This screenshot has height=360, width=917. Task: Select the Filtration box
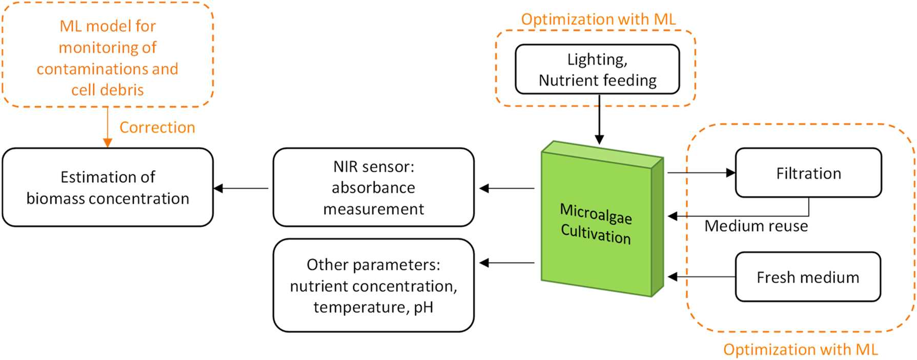point(808,173)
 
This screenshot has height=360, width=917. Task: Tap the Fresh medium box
point(808,277)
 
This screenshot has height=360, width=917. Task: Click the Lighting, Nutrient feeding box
point(597,70)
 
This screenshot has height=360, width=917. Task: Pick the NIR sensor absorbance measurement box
point(373,188)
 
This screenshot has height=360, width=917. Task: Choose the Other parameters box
point(373,286)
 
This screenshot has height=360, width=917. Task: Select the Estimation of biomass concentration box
point(108,188)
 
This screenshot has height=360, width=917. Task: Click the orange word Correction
point(157,127)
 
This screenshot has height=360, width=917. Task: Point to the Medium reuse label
point(756,226)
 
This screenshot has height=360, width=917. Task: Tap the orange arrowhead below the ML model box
point(108,143)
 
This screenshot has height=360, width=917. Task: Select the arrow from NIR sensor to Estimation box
point(241,188)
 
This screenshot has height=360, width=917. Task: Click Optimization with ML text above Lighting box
point(598,19)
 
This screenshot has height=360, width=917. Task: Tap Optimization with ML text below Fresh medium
point(800,350)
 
